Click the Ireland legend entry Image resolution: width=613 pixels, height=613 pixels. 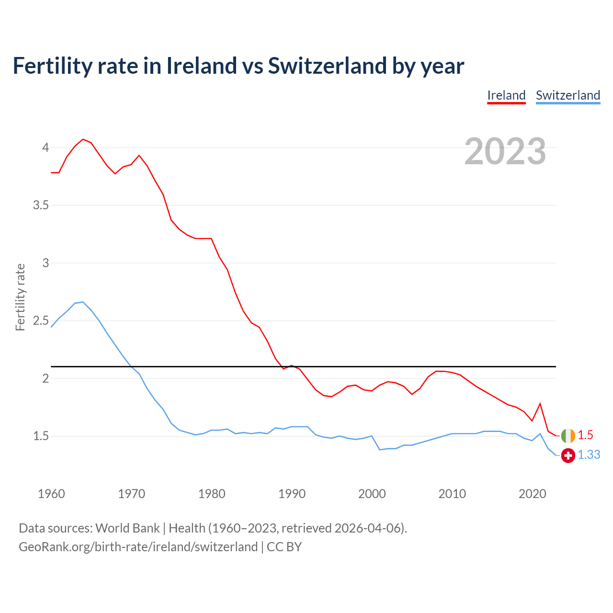(506, 95)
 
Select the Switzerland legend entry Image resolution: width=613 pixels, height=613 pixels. (568, 95)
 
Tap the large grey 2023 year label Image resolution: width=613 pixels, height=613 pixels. (505, 151)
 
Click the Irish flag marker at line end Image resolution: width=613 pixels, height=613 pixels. (568, 436)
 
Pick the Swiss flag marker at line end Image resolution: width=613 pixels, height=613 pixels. (568, 455)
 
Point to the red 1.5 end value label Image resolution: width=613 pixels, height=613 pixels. (585, 435)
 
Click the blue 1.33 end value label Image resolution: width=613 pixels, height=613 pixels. (589, 455)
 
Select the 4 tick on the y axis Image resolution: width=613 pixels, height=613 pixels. (45, 148)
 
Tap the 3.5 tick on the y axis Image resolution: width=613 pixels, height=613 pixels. (41, 205)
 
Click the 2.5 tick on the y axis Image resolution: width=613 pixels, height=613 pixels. (41, 321)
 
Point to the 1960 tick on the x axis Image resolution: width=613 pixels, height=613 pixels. (51, 494)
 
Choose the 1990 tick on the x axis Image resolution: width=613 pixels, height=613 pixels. (292, 494)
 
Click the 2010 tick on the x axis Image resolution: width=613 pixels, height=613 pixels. (452, 494)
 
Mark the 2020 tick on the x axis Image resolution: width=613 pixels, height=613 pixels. (532, 494)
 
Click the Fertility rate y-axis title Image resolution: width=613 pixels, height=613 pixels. (20, 297)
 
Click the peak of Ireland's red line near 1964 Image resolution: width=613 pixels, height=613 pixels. (83, 139)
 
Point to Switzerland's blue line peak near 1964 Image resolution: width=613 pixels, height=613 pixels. (83, 302)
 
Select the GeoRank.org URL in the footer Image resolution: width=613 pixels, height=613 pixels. (138, 547)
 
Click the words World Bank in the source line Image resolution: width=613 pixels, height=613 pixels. (127, 528)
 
